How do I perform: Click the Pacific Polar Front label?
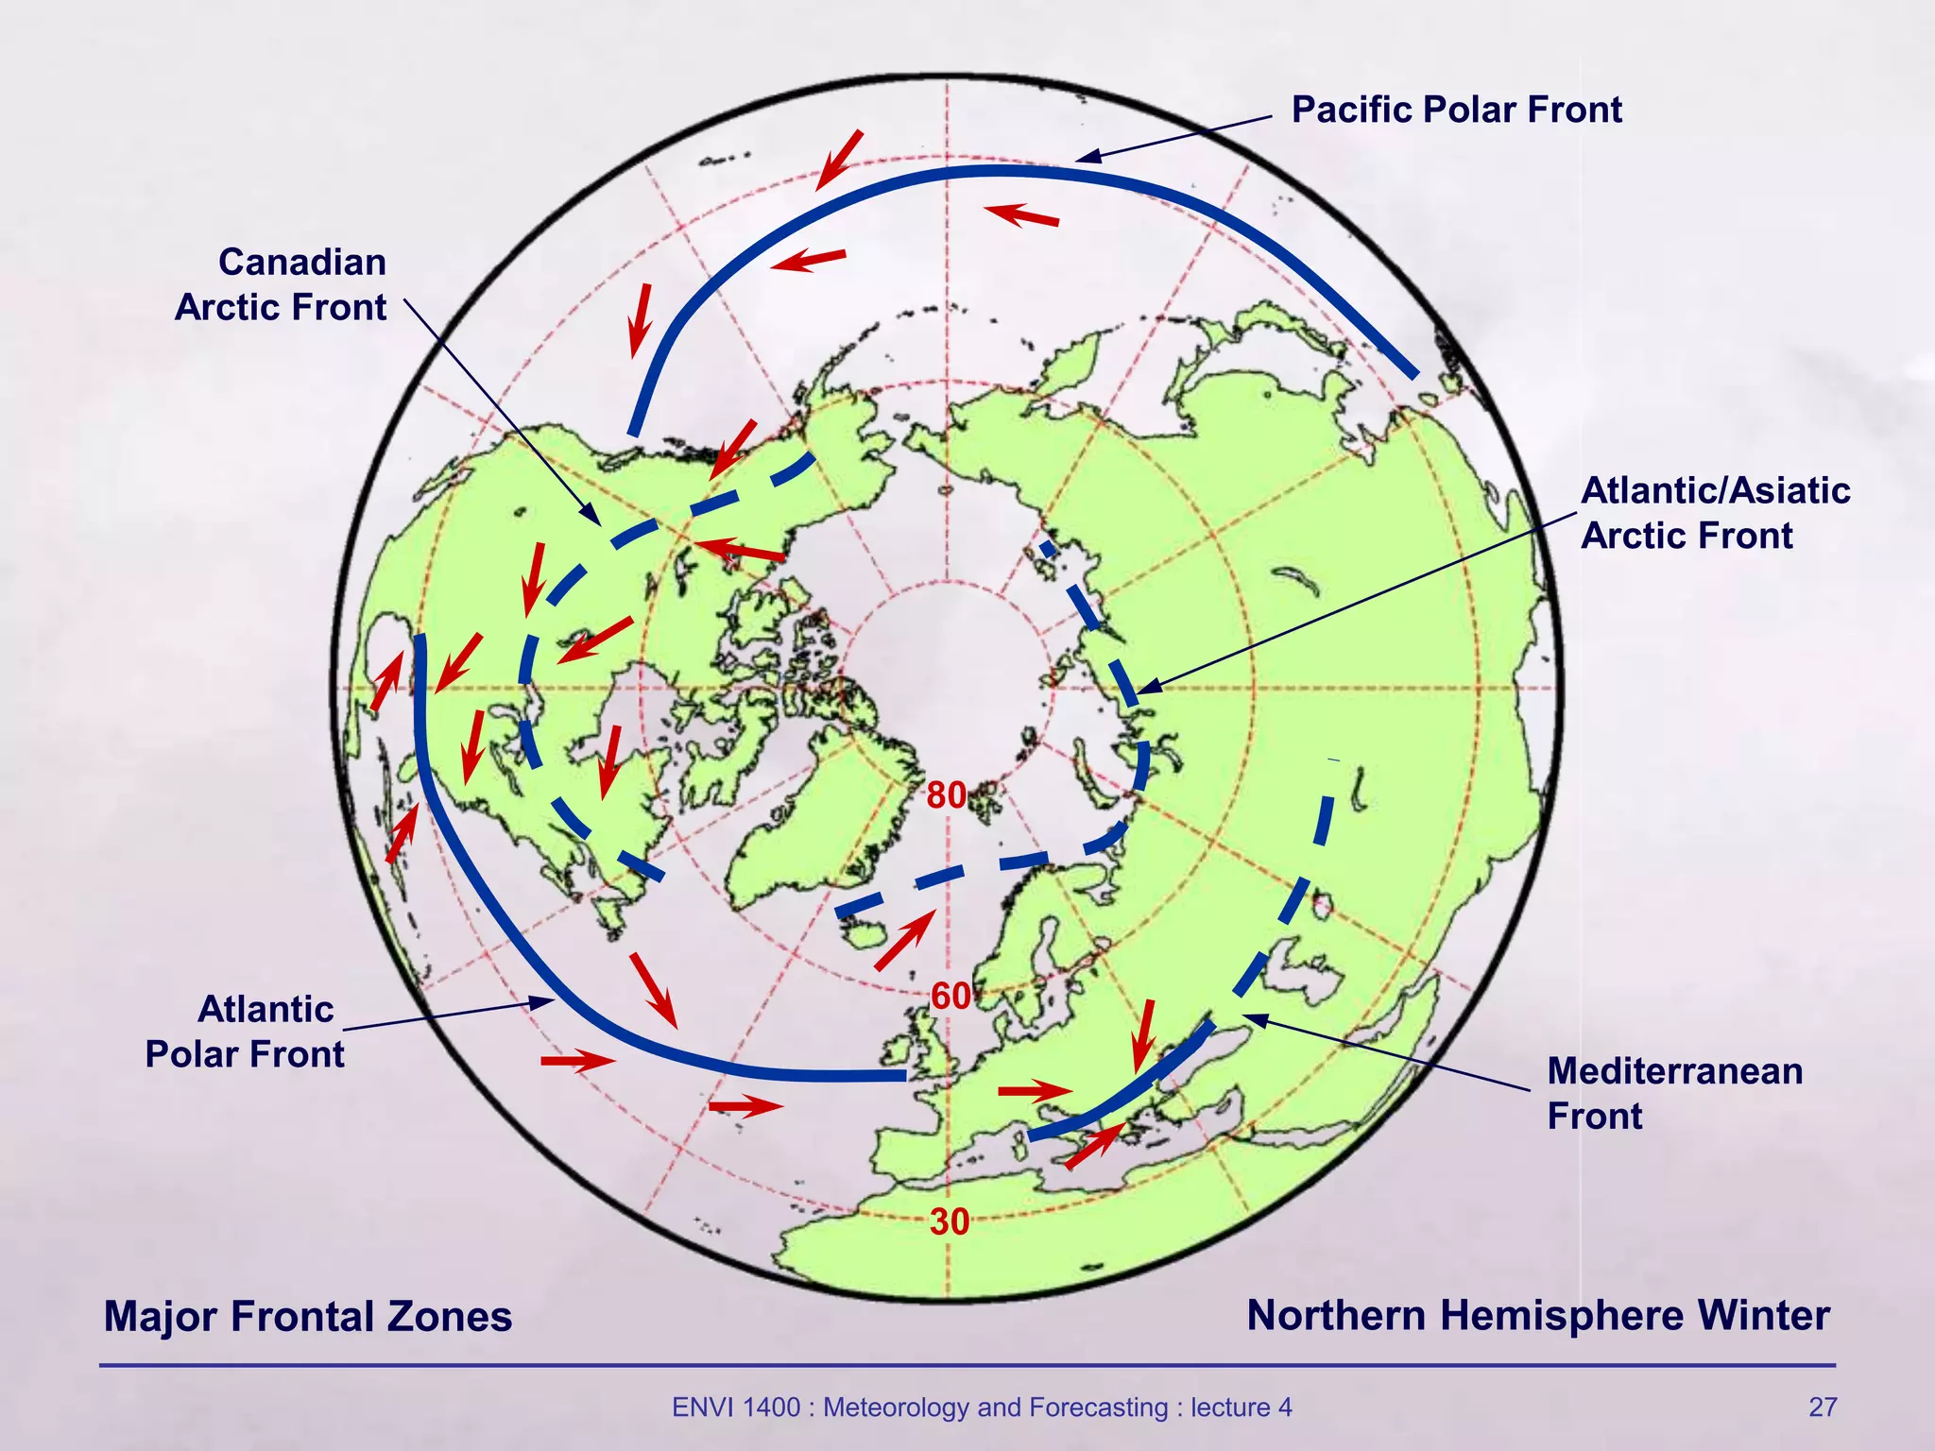coord(1456,110)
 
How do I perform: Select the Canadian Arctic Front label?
coord(281,284)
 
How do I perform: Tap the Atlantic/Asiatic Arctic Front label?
coord(1715,513)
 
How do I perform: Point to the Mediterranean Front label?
coord(1674,1093)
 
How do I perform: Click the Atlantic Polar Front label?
coord(245,1032)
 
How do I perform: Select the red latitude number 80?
coord(946,796)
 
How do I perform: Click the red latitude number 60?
coord(950,996)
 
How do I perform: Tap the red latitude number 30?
coord(950,1222)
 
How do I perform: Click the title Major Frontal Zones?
coord(308,1316)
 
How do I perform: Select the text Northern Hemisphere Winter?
coord(1537,1315)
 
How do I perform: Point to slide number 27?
coord(1823,1408)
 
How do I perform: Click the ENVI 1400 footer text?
coord(982,1408)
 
